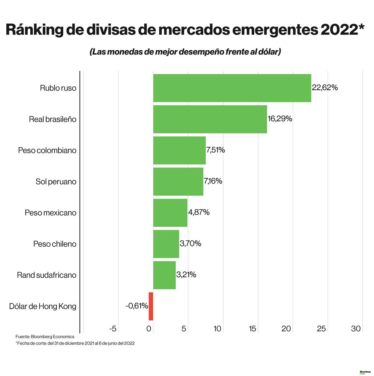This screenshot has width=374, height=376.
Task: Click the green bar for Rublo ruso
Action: coord(232,88)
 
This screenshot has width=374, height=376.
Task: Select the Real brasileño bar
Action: coord(210,119)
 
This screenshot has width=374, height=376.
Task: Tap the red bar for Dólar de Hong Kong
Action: coord(151,306)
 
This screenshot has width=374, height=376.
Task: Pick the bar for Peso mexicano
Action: coord(170,213)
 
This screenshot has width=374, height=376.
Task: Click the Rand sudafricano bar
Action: coord(164,275)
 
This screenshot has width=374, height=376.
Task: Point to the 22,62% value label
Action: coord(325,88)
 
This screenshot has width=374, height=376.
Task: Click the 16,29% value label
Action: coord(280,119)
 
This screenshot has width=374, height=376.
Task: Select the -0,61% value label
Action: coord(137,306)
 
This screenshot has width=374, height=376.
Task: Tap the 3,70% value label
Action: coord(190,244)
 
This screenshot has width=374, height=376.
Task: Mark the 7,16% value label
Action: coord(213,181)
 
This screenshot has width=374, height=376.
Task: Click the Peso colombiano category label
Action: coord(47,150)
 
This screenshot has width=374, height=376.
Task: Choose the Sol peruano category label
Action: coord(56,182)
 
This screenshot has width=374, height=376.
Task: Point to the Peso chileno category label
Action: coord(55,244)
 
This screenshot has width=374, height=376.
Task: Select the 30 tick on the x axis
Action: coord(356,329)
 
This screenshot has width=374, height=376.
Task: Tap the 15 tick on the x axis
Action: coord(252,329)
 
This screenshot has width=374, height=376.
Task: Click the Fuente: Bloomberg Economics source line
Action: coord(45,337)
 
